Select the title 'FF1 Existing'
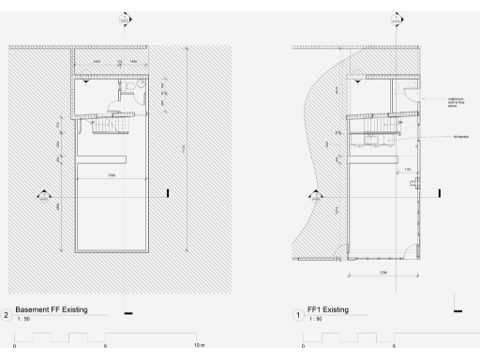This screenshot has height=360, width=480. click(x=323, y=310)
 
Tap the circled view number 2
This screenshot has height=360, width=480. click(x=7, y=313)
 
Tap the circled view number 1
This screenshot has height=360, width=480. click(x=298, y=313)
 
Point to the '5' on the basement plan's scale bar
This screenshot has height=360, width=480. click(x=105, y=345)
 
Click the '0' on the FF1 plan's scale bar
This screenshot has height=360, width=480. click(x=302, y=345)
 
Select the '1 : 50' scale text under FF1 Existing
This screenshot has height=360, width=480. click(x=316, y=320)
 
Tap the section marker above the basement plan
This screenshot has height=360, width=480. click(x=126, y=18)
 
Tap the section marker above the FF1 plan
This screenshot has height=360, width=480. click(x=397, y=18)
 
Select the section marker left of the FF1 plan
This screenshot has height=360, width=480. click(x=315, y=196)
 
